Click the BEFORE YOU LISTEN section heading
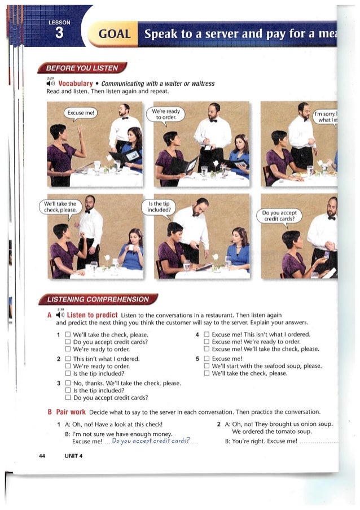tap(82, 69)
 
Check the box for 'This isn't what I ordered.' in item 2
tap(68, 359)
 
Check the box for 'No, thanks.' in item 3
tap(68, 383)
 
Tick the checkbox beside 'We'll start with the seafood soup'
tap(207, 366)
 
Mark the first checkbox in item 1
tap(68, 334)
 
